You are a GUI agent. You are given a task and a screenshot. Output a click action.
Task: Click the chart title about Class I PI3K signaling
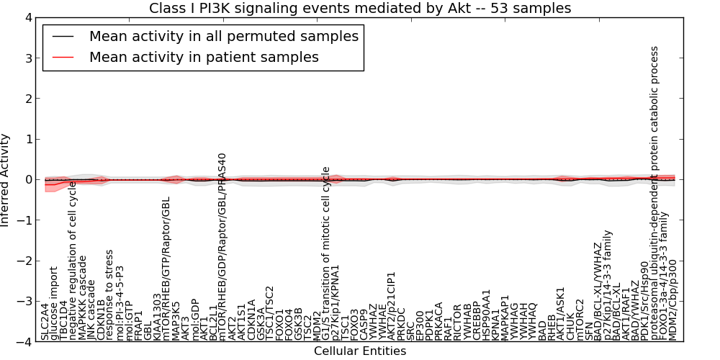point(360,9)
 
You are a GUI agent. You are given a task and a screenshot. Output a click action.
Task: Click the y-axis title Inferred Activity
point(6,180)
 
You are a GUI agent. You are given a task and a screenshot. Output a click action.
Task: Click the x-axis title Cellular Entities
point(360,351)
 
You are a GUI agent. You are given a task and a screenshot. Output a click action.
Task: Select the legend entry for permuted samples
point(223,36)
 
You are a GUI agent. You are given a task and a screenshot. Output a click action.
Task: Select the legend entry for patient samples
point(204,57)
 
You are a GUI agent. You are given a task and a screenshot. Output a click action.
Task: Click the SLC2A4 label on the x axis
point(45,321)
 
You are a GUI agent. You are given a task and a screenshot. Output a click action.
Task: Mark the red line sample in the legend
point(63,57)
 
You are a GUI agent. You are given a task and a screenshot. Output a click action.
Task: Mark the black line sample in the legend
point(63,36)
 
